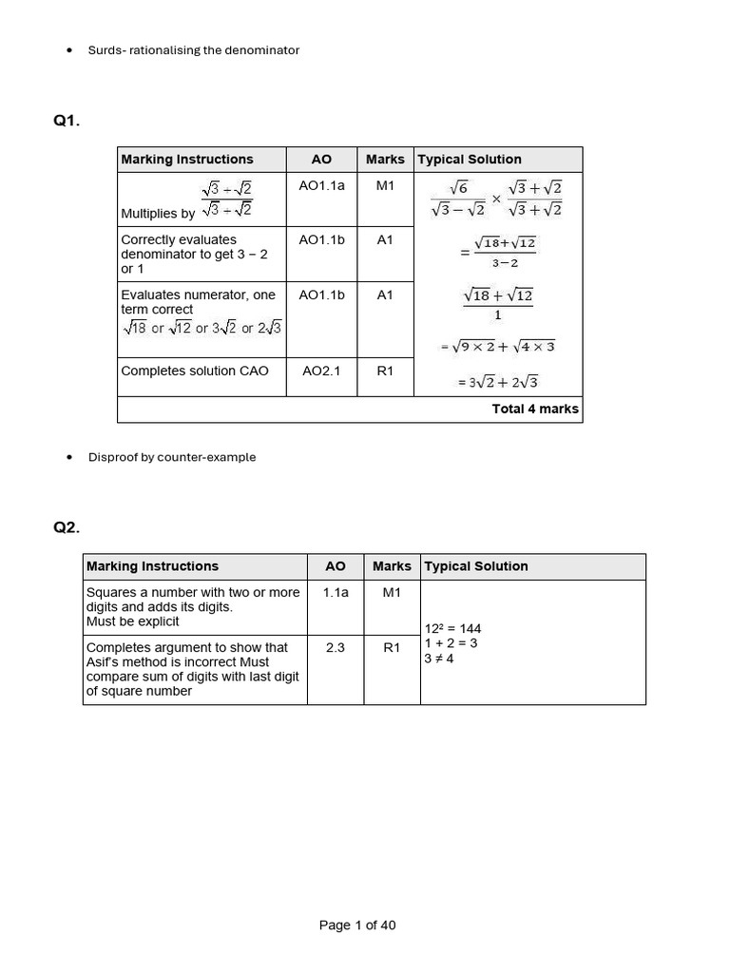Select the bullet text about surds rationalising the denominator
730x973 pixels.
pyautogui.click(x=193, y=50)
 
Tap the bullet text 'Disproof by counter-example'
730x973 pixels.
pyautogui.click(x=172, y=457)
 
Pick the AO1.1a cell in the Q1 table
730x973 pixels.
pyautogui.click(x=321, y=186)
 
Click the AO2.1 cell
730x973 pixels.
pyautogui.click(x=321, y=371)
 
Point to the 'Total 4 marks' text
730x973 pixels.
pyautogui.click(x=535, y=409)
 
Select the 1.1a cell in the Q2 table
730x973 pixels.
pyautogui.click(x=336, y=592)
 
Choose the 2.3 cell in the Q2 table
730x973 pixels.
pyautogui.click(x=336, y=647)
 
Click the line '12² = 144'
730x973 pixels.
pyautogui.click(x=453, y=628)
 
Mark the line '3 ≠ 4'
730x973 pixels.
pyautogui.click(x=439, y=658)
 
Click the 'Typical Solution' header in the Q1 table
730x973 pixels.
pyautogui.click(x=471, y=160)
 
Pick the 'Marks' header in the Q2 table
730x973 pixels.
pyautogui.click(x=392, y=566)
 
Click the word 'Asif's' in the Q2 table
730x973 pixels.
pyautogui.click(x=103, y=661)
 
